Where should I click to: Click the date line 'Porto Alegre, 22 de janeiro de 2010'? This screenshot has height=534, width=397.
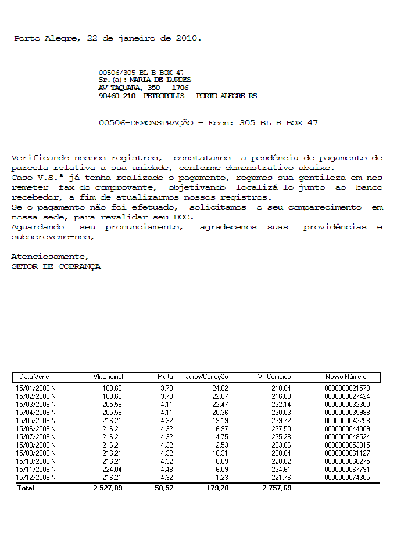(108, 38)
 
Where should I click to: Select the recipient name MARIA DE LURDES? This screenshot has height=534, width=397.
(160, 80)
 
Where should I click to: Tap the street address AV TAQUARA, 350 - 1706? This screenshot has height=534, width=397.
(144, 88)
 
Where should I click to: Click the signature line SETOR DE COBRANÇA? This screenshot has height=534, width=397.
(56, 266)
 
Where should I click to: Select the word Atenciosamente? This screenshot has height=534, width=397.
(50, 257)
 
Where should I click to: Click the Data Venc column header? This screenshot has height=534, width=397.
(34, 377)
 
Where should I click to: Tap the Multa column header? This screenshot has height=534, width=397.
(165, 377)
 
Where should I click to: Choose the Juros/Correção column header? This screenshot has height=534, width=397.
(207, 377)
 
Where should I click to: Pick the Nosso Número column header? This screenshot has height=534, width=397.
(346, 377)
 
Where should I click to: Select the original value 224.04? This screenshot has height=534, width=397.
(112, 470)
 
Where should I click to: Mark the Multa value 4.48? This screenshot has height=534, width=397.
(166, 470)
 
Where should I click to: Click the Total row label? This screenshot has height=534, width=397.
(26, 488)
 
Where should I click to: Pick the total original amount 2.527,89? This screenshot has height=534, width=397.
(108, 488)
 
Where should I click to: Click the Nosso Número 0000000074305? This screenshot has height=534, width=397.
(348, 478)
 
